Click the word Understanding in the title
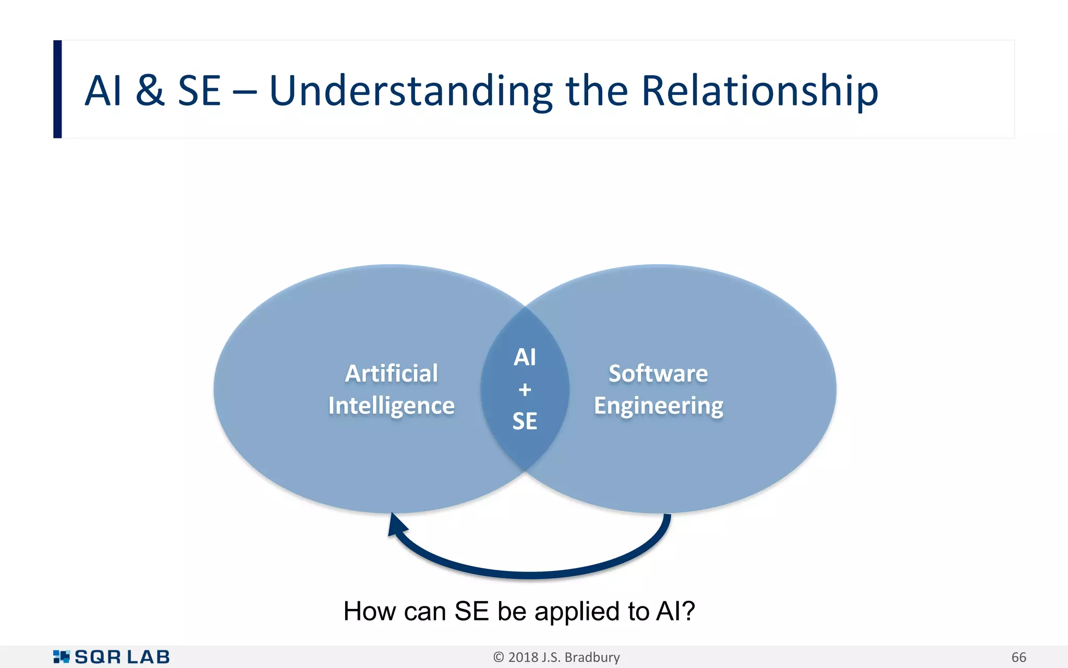pos(410,91)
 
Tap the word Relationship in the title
pos(759,91)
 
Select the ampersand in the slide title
pos(150,91)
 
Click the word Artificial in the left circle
pos(392,374)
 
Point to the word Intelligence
pos(392,406)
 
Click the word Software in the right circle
pos(658,374)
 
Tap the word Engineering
pos(659,406)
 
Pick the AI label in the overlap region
pos(525,357)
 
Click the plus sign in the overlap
pos(525,389)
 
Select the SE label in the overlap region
pos(525,421)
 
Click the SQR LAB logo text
pos(122,657)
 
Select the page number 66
pos(1018,657)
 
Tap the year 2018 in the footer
pos(523,657)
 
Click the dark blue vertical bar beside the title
pos(57,89)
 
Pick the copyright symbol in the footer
pos(499,657)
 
